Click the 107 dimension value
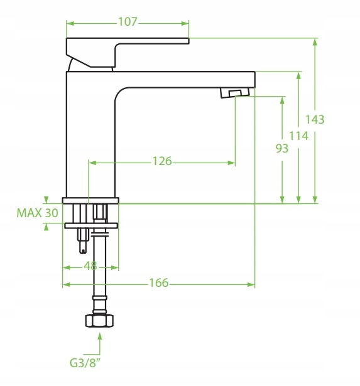128,22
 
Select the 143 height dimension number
315,119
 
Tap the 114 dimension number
298,136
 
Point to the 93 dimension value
282,148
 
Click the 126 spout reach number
162,161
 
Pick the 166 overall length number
159,282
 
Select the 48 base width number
90,266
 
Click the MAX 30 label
37,213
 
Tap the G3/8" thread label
85,363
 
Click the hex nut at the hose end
99,321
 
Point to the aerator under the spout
235,93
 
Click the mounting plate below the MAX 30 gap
91,225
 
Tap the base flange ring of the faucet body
90,200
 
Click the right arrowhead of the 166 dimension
251,285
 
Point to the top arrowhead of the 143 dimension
315,42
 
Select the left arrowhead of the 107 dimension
70,24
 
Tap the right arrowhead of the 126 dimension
231,163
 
